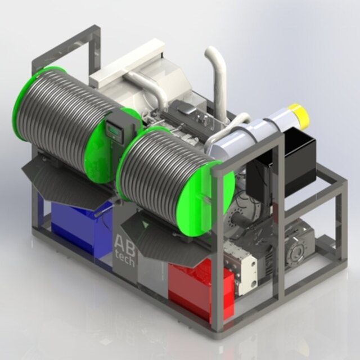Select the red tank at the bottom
coord(201,287)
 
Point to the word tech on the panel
coord(125,261)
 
